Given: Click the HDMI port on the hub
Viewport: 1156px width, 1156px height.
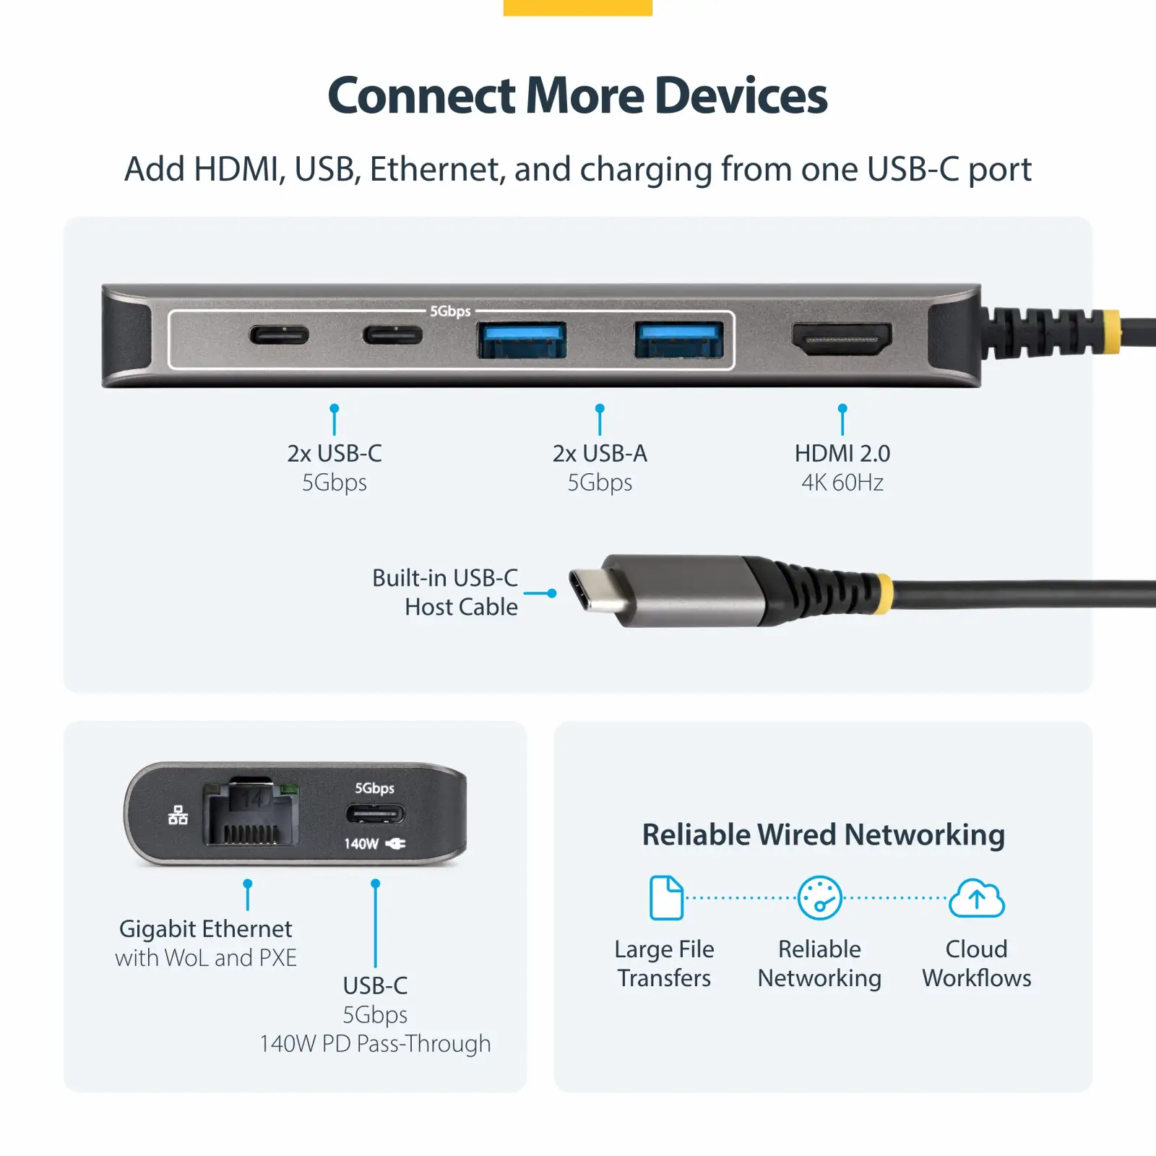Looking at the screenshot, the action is tap(842, 339).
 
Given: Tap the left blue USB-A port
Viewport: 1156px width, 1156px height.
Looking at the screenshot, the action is tap(522, 340).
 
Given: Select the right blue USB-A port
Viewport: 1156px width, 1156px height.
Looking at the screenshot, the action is tap(679, 340).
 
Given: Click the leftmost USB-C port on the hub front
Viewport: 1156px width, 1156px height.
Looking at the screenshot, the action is tap(279, 335).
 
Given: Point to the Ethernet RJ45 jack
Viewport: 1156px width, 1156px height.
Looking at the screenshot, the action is tap(251, 813).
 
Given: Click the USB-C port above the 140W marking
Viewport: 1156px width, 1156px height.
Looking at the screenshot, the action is tap(376, 814).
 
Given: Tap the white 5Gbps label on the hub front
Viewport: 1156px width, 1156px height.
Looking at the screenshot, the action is tap(450, 311).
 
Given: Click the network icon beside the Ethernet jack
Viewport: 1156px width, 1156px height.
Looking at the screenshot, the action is tap(178, 815).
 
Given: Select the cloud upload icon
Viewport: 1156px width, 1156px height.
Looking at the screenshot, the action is tap(977, 898).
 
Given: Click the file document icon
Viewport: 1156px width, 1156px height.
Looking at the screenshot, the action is tap(666, 897).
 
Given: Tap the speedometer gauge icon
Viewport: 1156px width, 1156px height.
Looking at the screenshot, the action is tap(820, 898).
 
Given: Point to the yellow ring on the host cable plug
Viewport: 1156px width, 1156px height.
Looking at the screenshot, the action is tap(883, 593).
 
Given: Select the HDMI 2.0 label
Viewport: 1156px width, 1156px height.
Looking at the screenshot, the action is tap(842, 453).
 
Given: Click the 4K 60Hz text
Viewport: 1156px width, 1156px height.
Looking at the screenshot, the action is tap(842, 482).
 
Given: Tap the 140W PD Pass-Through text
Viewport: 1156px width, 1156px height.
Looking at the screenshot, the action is tap(375, 1044).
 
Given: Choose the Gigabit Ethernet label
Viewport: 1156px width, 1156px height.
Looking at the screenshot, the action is tap(206, 929).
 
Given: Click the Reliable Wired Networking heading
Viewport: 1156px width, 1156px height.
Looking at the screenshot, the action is tap(824, 835).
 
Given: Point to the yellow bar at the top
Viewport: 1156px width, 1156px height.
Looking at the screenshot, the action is tap(578, 8).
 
